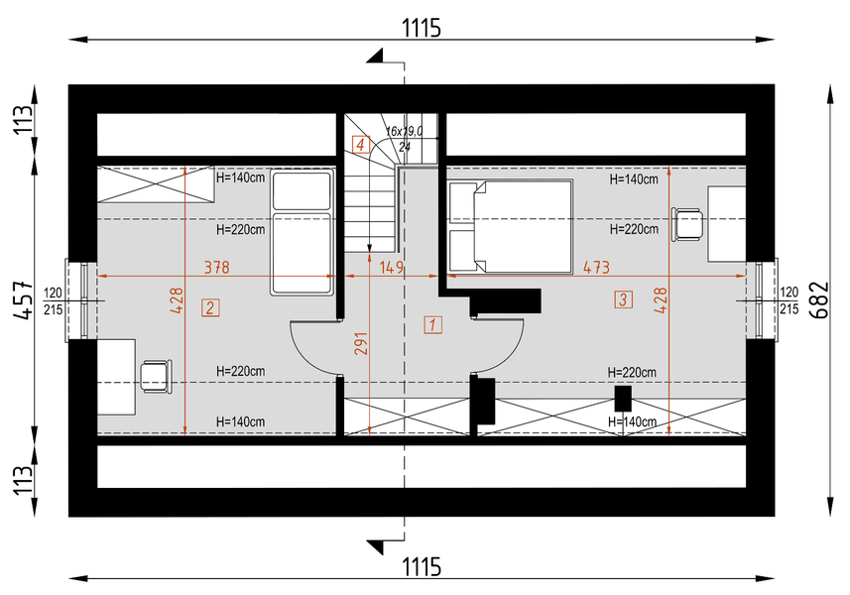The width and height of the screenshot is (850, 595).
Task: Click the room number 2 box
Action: click(x=210, y=307)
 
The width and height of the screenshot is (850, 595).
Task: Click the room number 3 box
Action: click(x=624, y=299)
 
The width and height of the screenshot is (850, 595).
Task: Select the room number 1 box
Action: click(x=432, y=325)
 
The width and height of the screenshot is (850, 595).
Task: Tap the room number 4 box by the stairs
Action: click(x=361, y=145)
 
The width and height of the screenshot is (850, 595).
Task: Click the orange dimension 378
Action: click(x=217, y=267)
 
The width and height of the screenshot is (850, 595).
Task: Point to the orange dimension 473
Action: click(x=596, y=267)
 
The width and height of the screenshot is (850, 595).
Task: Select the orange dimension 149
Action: click(x=391, y=267)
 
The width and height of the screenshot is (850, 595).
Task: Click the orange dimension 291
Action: click(x=361, y=343)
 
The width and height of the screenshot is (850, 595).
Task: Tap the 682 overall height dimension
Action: click(x=820, y=299)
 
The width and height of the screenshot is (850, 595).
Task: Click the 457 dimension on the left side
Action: click(x=24, y=299)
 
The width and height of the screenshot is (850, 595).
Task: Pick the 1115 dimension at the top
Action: click(x=422, y=28)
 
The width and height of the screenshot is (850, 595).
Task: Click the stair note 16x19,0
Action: click(x=404, y=131)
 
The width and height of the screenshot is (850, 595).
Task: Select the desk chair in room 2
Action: click(x=156, y=377)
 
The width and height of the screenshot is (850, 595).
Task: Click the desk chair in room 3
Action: click(x=687, y=224)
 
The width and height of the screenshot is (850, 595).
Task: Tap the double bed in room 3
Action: click(x=511, y=226)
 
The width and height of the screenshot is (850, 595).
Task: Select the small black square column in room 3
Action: click(x=623, y=399)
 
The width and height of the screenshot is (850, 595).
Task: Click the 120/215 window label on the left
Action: click(x=53, y=300)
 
